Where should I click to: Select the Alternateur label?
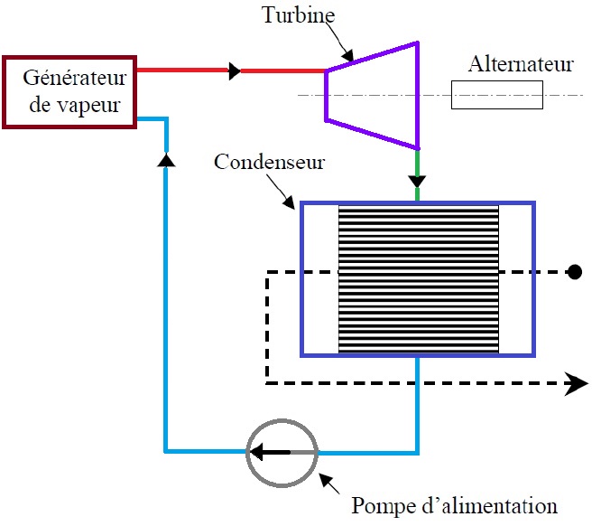(522, 65)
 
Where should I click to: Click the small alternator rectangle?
(496, 96)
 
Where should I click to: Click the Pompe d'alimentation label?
(454, 504)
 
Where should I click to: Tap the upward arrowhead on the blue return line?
(165, 159)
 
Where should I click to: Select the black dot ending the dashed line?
(572, 271)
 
